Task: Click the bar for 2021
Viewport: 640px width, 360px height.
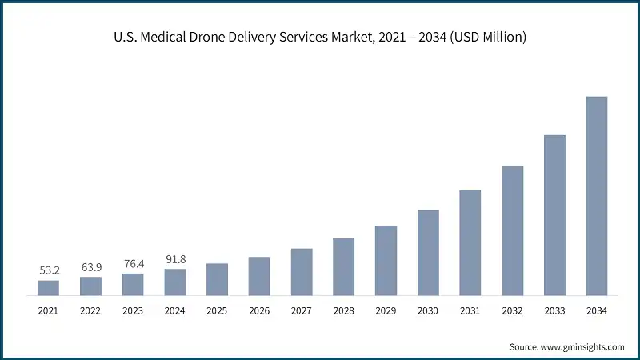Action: pos(48,288)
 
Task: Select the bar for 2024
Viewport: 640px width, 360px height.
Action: pos(175,282)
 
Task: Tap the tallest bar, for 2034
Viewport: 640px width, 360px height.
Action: pos(597,196)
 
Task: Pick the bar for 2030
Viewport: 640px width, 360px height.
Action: pos(428,253)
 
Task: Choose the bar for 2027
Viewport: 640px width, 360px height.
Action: pos(302,272)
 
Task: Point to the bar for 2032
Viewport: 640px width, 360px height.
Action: pos(512,231)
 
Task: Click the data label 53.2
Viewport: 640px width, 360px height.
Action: pos(49,271)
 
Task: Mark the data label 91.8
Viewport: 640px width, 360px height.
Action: pos(175,259)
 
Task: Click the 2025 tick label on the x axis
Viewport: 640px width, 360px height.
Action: pos(217,310)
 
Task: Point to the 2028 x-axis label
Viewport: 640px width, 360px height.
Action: pos(343,310)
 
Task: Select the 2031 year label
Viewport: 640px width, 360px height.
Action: pos(470,310)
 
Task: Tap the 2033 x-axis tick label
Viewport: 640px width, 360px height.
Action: pos(554,310)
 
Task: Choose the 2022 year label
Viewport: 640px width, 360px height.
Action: pos(90,310)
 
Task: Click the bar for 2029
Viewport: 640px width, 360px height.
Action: pos(386,261)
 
